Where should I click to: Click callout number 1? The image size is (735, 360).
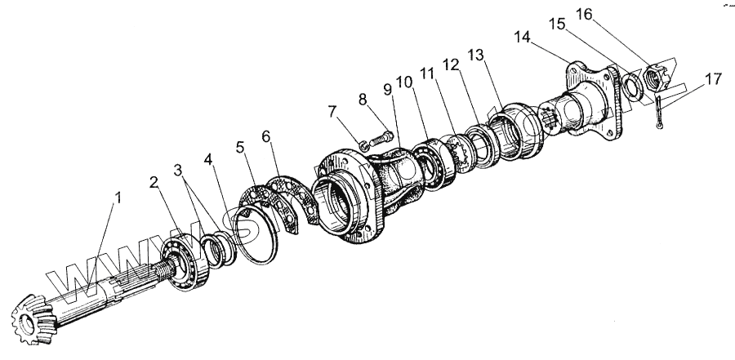(x=118, y=198)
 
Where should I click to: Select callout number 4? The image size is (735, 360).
(x=212, y=158)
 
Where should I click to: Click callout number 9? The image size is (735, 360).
(x=387, y=87)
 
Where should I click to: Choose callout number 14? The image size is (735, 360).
(x=523, y=37)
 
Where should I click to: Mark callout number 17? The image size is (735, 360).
(x=713, y=79)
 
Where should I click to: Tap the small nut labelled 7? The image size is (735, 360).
(x=365, y=146)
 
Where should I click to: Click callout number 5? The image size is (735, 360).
(x=240, y=148)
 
